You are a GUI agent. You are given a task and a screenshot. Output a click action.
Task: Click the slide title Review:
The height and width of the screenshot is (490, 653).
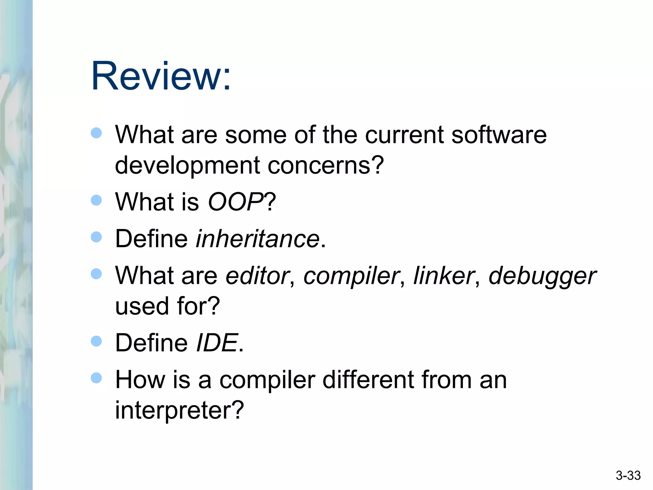point(161,77)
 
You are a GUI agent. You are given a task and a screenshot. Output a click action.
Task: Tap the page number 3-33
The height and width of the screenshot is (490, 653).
point(628,476)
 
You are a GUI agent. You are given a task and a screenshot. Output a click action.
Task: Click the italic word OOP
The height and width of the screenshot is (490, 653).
point(235,202)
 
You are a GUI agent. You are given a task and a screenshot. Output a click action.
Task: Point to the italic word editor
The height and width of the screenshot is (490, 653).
point(257,276)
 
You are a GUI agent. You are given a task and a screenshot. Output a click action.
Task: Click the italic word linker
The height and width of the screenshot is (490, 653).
point(444,276)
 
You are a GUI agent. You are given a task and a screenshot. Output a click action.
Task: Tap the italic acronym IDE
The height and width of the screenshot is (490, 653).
point(217,343)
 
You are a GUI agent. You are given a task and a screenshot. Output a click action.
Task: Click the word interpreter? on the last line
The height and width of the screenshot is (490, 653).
point(179,410)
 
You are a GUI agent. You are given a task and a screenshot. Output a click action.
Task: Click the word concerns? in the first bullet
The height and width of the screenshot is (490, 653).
point(326,166)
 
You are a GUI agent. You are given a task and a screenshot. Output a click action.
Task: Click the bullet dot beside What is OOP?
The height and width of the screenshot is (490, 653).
point(96,200)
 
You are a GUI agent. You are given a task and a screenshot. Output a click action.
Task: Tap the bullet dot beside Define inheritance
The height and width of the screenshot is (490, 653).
point(96,237)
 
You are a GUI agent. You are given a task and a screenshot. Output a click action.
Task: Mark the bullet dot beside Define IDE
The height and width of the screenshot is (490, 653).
point(96,341)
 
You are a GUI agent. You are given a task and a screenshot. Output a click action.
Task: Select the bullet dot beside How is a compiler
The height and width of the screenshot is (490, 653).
point(96,378)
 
